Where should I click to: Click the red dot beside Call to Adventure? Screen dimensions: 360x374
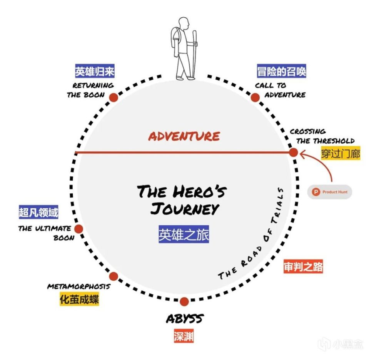(255, 97)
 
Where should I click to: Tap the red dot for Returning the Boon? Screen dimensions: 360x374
(114, 97)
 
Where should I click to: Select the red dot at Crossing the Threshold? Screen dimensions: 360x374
(293, 152)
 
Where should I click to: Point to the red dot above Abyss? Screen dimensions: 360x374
(184, 301)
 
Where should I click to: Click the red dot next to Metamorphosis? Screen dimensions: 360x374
(114, 276)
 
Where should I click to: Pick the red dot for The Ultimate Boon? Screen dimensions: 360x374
(78, 229)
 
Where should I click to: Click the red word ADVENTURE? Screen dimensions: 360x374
(184, 136)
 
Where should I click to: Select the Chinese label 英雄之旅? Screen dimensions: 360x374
(184, 234)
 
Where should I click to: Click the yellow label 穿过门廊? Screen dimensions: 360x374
(341, 153)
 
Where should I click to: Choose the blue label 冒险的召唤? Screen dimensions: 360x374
(282, 72)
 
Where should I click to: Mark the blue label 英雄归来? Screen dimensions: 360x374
(95, 72)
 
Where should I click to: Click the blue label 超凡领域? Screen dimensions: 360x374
(38, 212)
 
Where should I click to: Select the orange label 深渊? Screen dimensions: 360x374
(183, 337)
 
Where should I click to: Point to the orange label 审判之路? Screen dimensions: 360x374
(303, 266)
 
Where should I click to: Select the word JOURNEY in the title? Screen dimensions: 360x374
(184, 209)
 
